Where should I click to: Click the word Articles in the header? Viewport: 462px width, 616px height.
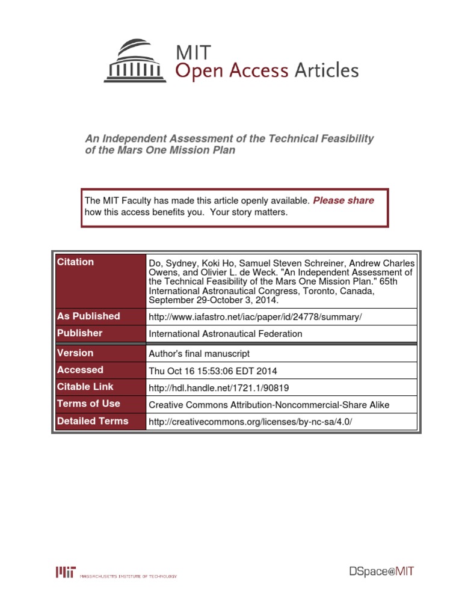326,71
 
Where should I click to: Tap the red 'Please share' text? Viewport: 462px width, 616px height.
343,200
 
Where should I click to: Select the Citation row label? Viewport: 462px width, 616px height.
75,262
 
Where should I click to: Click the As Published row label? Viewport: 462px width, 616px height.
88,316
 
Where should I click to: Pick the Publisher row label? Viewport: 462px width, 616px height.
80,333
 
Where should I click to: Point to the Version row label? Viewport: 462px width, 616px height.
75,353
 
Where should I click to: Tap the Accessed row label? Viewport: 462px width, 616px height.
80,370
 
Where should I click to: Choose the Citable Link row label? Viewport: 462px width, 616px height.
85,387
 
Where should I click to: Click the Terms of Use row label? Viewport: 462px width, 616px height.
88,404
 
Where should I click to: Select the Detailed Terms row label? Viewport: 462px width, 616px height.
93,421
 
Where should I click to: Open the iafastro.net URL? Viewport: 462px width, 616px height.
255,317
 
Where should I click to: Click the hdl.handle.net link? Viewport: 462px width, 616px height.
223,388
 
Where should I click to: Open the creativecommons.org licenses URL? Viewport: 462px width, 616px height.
250,422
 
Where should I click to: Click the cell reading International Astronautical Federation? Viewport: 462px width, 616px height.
225,334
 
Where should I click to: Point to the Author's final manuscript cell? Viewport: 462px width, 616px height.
199,354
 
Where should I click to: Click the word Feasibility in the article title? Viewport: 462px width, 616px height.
340,138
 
